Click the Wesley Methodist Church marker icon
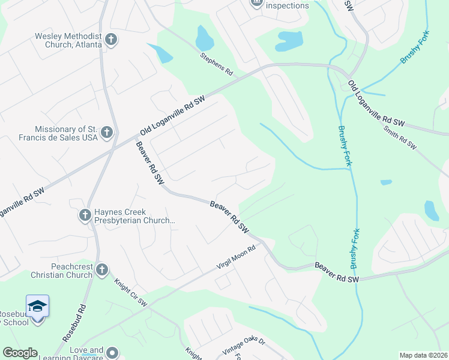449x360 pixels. pos(110,40)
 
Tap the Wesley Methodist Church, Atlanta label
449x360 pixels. pos(68,40)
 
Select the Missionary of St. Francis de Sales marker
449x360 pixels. pos(107,133)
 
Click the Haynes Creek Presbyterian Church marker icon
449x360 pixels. pos(85,215)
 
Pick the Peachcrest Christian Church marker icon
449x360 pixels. pos(102,270)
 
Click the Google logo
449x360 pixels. pos(20,353)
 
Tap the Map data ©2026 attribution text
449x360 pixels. pos(424,355)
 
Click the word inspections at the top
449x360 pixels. pos(287,6)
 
